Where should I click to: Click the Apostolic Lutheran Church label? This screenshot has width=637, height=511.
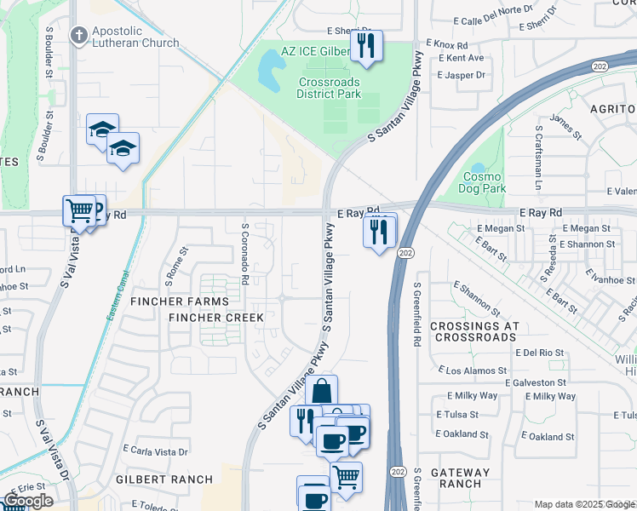135,37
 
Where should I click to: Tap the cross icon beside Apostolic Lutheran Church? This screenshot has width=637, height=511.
79,36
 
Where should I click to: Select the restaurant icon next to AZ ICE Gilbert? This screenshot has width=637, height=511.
366,47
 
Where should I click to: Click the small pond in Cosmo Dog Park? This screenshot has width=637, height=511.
477,168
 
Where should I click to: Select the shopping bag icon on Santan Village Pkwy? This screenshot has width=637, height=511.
322,393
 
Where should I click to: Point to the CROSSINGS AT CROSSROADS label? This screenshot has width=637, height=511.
473,332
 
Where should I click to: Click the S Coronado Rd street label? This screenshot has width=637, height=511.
244,254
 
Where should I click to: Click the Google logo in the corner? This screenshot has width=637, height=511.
27,501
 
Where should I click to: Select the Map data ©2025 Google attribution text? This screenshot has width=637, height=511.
584,504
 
